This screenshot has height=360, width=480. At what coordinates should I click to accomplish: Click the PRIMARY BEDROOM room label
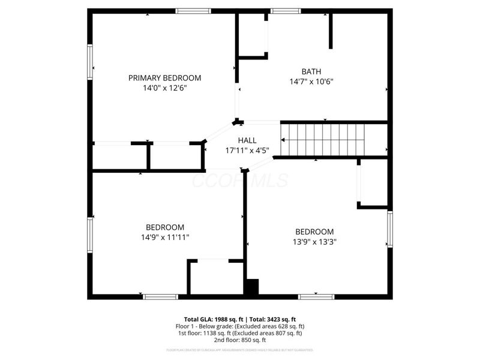tap(164, 78)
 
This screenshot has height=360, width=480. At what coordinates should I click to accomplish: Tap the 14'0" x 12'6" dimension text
tap(164, 88)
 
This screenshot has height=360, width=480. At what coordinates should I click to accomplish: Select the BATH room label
tap(311, 71)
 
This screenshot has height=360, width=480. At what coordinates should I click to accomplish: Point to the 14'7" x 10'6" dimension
tap(311, 81)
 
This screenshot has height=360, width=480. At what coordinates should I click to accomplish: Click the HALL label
tap(247, 140)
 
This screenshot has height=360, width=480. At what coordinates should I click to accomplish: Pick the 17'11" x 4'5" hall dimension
tap(247, 151)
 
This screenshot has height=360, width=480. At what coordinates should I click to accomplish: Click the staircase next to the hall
tap(324, 140)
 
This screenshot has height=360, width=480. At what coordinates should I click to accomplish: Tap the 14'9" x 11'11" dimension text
tap(164, 237)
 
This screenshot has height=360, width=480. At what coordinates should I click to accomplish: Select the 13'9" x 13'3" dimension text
tap(314, 242)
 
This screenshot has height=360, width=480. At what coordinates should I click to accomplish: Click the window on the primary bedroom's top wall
tap(193, 11)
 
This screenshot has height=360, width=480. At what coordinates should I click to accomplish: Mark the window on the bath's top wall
tap(286, 11)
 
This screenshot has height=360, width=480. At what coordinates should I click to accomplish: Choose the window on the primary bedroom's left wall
tap(90, 62)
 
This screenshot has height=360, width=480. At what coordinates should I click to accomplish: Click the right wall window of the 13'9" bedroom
tap(389, 229)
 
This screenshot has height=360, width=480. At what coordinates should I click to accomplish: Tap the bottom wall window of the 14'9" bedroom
tap(160, 296)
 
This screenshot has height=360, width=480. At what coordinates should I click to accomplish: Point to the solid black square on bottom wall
tap(251, 287)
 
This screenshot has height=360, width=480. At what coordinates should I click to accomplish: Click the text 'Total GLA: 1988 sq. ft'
tap(214, 319)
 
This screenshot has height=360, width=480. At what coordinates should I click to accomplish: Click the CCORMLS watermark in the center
tap(240, 180)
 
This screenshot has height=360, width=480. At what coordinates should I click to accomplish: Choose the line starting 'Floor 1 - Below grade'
tap(240, 326)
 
